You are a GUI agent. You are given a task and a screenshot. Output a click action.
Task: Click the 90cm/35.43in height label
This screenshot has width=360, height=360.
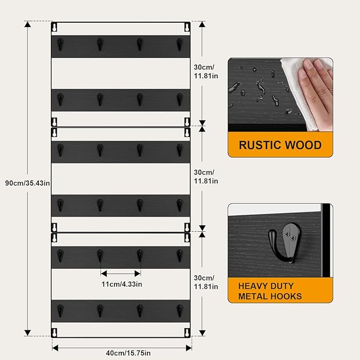(28, 183)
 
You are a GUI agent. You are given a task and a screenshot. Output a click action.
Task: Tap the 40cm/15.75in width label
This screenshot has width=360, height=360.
(128, 353)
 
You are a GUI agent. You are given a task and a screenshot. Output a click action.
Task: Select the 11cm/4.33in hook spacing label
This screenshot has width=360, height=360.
(122, 284)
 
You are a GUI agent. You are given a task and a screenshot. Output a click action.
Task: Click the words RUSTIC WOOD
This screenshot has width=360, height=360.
(280, 145)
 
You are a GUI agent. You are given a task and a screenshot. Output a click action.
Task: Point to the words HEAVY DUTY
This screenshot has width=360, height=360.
(266, 286)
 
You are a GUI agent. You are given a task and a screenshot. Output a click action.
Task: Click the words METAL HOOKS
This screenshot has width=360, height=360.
(270, 296)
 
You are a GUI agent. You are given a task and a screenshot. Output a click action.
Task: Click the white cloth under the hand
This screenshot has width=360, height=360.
(298, 96)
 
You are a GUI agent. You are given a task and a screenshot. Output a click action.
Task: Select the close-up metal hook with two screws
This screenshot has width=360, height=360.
(285, 244)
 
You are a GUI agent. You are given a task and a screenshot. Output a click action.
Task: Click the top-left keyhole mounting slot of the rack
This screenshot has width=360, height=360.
(55, 27)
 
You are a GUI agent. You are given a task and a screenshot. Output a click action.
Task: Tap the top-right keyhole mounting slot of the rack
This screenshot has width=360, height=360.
(187, 27)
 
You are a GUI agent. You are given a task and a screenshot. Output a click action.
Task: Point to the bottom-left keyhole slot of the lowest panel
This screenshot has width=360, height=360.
(55, 332)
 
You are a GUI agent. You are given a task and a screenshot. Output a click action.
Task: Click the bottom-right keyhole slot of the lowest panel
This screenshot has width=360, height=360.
(187, 332)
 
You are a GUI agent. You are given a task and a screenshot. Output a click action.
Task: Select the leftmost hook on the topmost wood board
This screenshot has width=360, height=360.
(60, 45)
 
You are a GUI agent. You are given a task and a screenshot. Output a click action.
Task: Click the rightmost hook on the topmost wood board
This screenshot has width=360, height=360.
(180, 45)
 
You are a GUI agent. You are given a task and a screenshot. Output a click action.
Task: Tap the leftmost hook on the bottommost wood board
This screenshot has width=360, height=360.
(60, 311)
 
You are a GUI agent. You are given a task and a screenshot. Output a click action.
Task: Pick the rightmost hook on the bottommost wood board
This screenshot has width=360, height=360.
(180, 311)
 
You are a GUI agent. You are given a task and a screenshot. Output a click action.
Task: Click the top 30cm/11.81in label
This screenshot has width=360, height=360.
(206, 72)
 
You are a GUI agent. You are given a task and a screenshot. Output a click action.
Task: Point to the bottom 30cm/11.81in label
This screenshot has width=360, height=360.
(206, 282)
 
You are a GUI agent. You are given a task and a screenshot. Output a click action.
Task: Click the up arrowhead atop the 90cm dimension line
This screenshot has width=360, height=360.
(28, 24)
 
